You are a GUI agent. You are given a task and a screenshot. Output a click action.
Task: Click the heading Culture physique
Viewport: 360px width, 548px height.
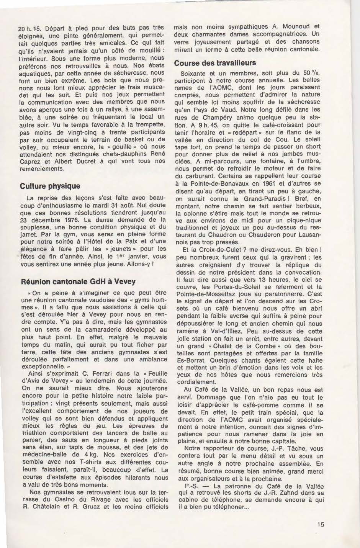coord(50,186)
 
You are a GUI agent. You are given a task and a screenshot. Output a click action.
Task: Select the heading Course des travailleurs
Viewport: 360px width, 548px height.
coord(215,63)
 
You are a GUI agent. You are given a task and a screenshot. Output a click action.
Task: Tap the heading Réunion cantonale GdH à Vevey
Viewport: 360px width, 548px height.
coord(77,281)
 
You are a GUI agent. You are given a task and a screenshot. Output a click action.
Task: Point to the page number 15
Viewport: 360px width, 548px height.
coord(321,524)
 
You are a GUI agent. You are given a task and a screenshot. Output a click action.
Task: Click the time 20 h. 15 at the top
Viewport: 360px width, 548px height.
coord(29,28)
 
